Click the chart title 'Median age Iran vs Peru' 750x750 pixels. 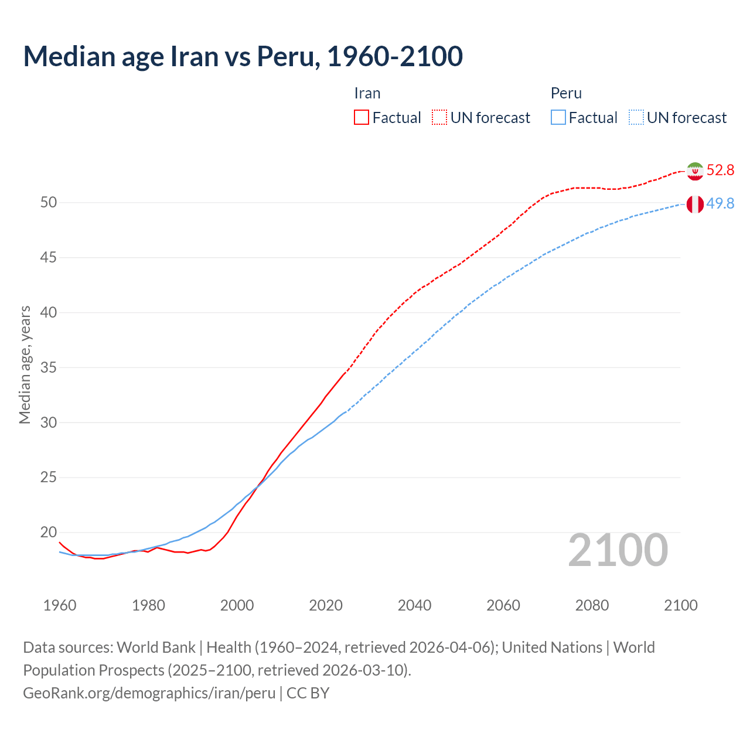(x=243, y=56)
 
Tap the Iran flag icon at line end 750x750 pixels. (x=695, y=171)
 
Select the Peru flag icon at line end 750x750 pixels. (x=695, y=204)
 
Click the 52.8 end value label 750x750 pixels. (x=720, y=171)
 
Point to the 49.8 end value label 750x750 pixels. (x=720, y=204)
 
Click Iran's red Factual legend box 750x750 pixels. (x=362, y=118)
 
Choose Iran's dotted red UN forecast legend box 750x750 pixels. (x=439, y=118)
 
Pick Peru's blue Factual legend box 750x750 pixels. (x=558, y=118)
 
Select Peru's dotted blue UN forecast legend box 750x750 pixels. (x=636, y=118)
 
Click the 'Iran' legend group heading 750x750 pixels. (x=367, y=94)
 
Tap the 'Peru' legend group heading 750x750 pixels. (x=566, y=94)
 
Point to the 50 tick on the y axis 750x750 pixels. (x=49, y=203)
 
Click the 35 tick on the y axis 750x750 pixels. (x=49, y=368)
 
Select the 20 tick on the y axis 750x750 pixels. (x=49, y=533)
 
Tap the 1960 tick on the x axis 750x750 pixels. (x=60, y=606)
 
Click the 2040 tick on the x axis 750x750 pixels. (x=414, y=606)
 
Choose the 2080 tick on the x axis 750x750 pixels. (x=592, y=606)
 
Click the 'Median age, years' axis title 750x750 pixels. (x=25, y=364)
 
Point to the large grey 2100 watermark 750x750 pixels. (x=618, y=550)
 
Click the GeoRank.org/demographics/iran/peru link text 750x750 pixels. (x=149, y=693)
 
